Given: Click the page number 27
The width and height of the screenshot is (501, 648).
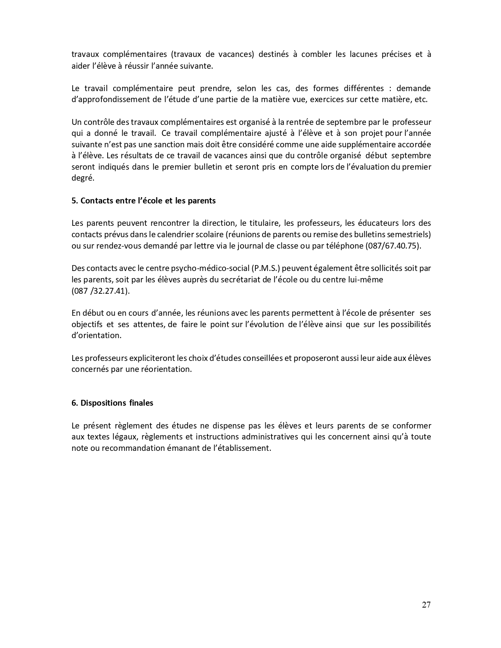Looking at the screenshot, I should (x=426, y=605).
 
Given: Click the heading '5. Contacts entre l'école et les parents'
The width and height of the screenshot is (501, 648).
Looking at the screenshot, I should (x=143, y=201).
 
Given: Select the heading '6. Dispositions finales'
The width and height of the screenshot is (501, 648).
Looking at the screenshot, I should (x=112, y=403).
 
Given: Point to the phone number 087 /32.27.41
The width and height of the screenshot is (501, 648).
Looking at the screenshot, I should (x=101, y=291).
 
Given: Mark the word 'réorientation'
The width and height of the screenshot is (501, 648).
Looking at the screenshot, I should (x=167, y=370).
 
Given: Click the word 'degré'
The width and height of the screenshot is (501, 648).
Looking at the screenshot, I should (x=83, y=178).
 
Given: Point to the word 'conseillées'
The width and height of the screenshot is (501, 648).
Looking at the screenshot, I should (x=251, y=358).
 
